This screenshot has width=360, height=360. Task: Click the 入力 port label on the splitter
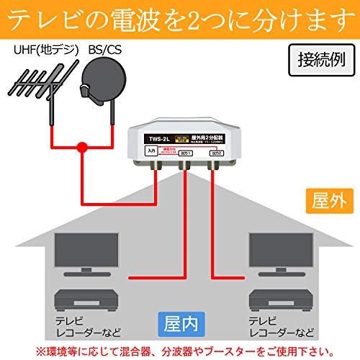click(150, 152)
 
